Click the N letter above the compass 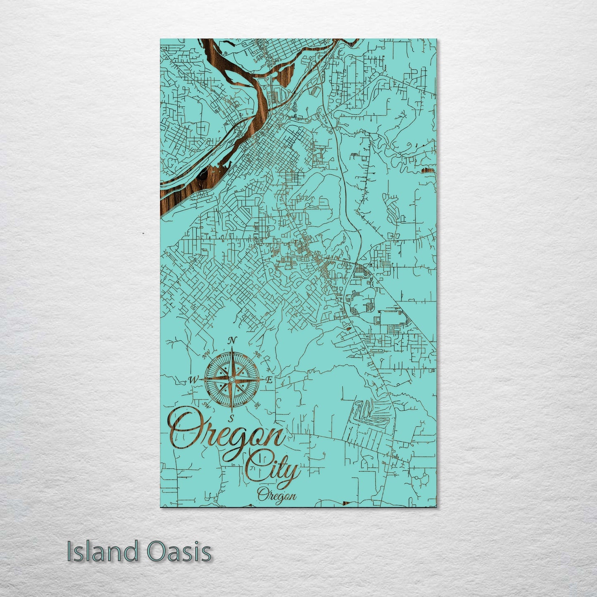click(x=233, y=340)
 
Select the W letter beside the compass click(x=193, y=379)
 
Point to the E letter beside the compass click(x=269, y=380)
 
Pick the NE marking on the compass click(x=257, y=354)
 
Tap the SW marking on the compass click(x=205, y=404)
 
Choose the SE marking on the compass click(x=258, y=406)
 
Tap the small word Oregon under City click(x=276, y=495)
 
